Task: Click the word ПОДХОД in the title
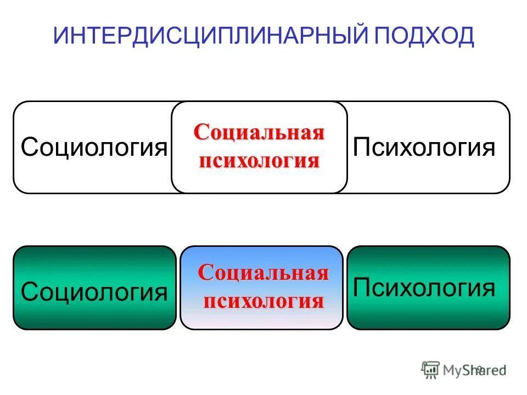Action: click(424, 36)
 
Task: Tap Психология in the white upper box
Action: click(424, 148)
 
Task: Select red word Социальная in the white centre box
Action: click(259, 133)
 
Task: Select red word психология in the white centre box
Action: click(259, 161)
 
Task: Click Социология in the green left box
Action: click(94, 292)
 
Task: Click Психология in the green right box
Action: click(424, 287)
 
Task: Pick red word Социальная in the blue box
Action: click(263, 273)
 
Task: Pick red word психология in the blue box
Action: click(263, 301)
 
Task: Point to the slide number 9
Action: click(479, 369)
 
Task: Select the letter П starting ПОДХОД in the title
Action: click(383, 36)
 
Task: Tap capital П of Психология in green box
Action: click(361, 287)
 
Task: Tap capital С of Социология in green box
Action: click(29, 292)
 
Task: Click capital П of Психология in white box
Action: click(361, 148)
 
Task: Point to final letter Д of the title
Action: click(465, 36)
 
